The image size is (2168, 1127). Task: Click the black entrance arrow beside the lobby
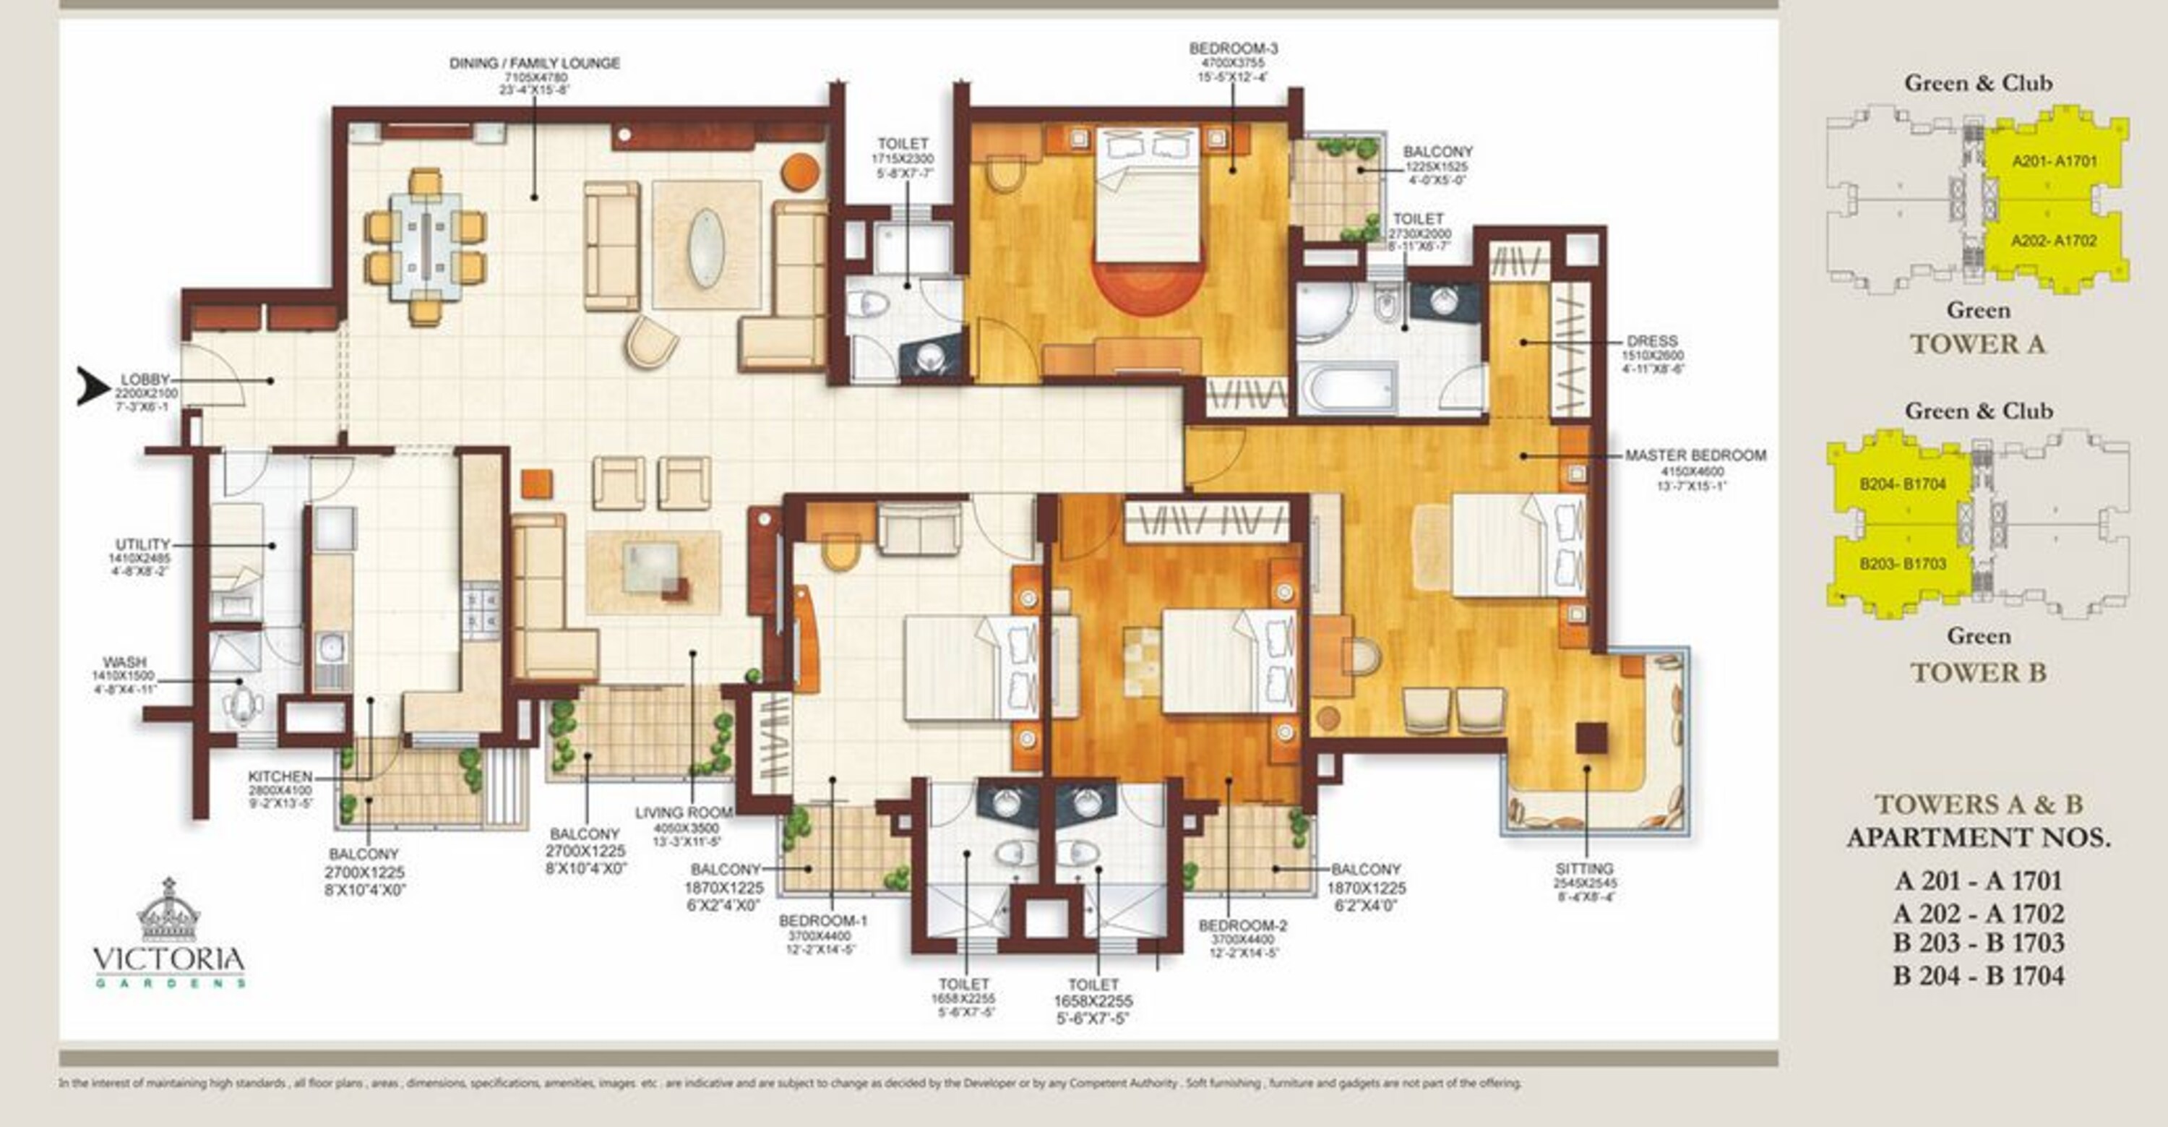[x=93, y=385]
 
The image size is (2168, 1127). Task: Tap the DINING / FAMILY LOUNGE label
[x=535, y=63]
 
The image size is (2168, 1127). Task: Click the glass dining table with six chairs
[x=425, y=247]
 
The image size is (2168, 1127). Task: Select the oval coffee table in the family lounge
[x=705, y=247]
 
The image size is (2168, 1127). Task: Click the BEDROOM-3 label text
[x=1233, y=49]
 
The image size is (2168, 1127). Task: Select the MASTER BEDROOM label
[x=1695, y=455]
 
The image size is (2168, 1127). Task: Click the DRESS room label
[x=1651, y=341]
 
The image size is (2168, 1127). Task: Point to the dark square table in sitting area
[x=1590, y=737]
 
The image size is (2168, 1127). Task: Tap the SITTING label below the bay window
[x=1584, y=867]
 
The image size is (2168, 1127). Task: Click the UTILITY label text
[x=143, y=544]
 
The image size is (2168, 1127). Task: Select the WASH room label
[x=124, y=661]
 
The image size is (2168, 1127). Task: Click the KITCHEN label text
[x=280, y=776]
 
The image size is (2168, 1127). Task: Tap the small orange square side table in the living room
[x=536, y=483]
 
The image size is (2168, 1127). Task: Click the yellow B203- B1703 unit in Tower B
[x=1902, y=564]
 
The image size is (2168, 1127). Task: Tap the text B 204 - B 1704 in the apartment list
[x=1978, y=975]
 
